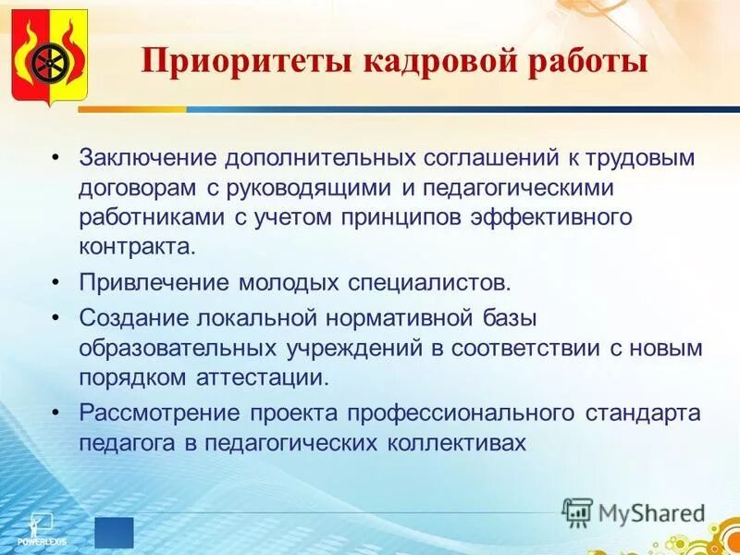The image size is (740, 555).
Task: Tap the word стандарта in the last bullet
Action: point(644,413)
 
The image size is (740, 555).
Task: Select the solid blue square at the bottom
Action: point(114,533)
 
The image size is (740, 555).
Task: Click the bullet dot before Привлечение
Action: point(56,280)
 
